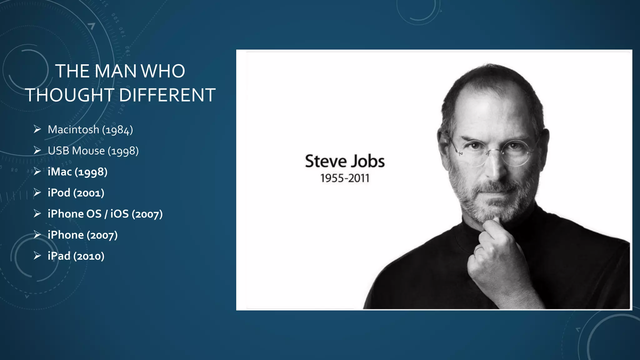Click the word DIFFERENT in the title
pyautogui.click(x=167, y=95)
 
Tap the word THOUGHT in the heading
pyautogui.click(x=70, y=95)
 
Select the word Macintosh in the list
pyautogui.click(x=73, y=130)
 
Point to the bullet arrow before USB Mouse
pyautogui.click(x=37, y=151)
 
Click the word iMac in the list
pyautogui.click(x=60, y=172)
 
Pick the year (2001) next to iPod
pyautogui.click(x=89, y=193)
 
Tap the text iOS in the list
pyautogui.click(x=119, y=214)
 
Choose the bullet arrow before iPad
pyautogui.click(x=37, y=256)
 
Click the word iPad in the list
pyautogui.click(x=59, y=256)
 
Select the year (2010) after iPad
pyautogui.click(x=89, y=256)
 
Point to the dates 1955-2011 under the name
pyautogui.click(x=345, y=178)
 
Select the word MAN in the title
pyautogui.click(x=115, y=71)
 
